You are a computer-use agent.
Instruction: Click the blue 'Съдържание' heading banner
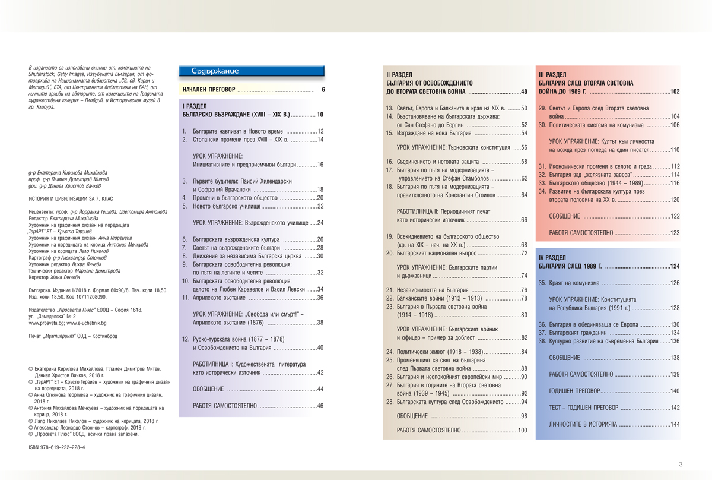tap(252, 71)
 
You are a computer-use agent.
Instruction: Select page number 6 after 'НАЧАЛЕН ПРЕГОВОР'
tap(323, 90)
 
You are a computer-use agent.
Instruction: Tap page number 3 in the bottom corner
tap(681, 464)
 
